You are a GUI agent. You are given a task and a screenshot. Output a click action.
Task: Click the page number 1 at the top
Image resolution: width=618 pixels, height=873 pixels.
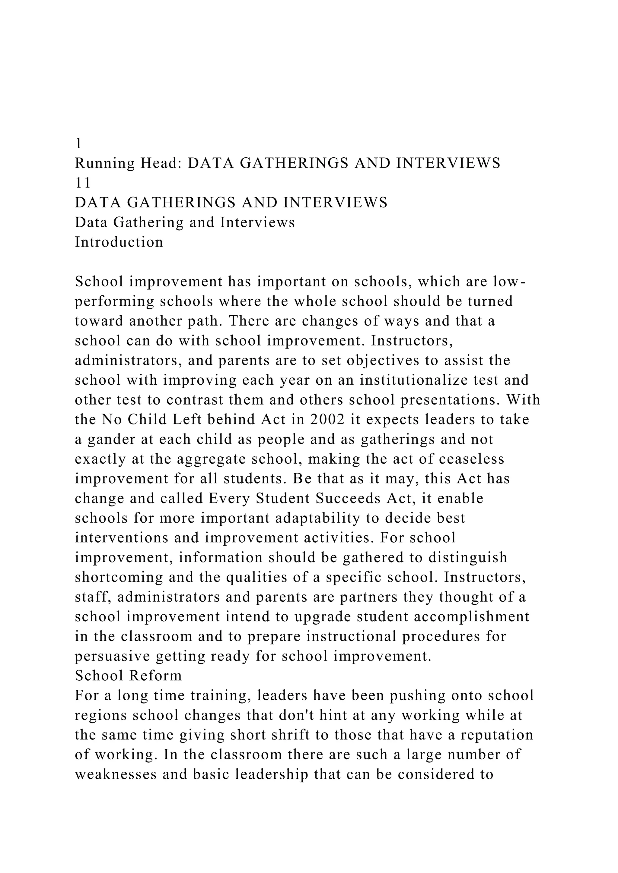pos(78,144)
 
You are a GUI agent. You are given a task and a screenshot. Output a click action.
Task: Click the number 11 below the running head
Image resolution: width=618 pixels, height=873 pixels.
pos(83,183)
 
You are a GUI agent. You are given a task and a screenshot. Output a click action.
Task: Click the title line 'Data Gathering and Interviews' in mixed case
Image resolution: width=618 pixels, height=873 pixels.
pos(185,222)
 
